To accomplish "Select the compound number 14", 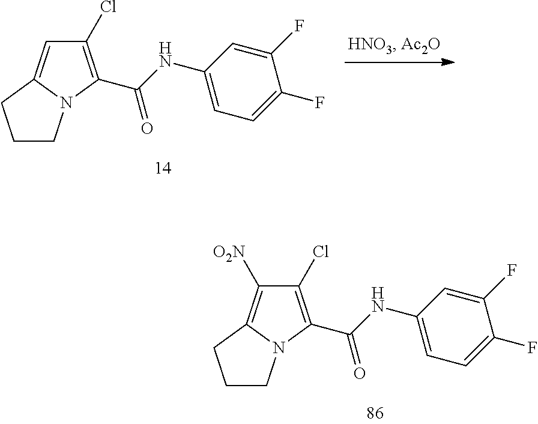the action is [x=163, y=169].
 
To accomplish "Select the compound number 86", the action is [x=374, y=413].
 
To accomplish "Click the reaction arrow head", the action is [x=447, y=62].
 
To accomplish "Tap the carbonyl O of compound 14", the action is [x=147, y=129].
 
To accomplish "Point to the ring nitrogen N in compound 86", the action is [x=278, y=347].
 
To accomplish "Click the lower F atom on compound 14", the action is [x=319, y=103].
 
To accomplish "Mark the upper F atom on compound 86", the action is [x=511, y=271].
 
